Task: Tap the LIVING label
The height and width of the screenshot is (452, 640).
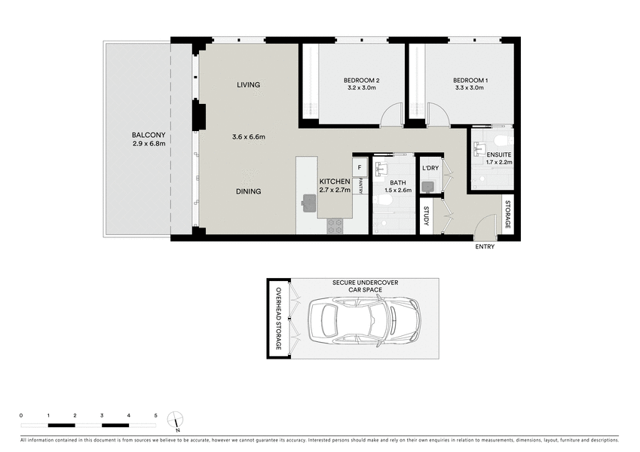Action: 248,84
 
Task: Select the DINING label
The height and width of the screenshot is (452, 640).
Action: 248,191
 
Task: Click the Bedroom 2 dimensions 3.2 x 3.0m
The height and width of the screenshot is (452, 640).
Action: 361,88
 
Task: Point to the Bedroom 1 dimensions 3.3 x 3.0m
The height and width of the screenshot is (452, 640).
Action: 470,88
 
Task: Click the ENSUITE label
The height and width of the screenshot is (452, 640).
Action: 498,154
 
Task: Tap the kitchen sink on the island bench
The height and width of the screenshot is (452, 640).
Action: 309,200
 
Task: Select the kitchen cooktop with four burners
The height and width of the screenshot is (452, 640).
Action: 335,225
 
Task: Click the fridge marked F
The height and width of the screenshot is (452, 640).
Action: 360,166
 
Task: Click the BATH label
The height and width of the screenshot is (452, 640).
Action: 398,182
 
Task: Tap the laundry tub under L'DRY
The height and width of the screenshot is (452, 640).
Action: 428,186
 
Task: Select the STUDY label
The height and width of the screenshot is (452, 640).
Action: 427,216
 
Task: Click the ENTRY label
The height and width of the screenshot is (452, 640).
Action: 485,246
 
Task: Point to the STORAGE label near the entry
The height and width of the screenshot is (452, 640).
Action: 507,215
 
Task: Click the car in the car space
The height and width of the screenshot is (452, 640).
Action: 364,318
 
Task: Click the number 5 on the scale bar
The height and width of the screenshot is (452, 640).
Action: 155,416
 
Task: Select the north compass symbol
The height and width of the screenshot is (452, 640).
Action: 176,420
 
